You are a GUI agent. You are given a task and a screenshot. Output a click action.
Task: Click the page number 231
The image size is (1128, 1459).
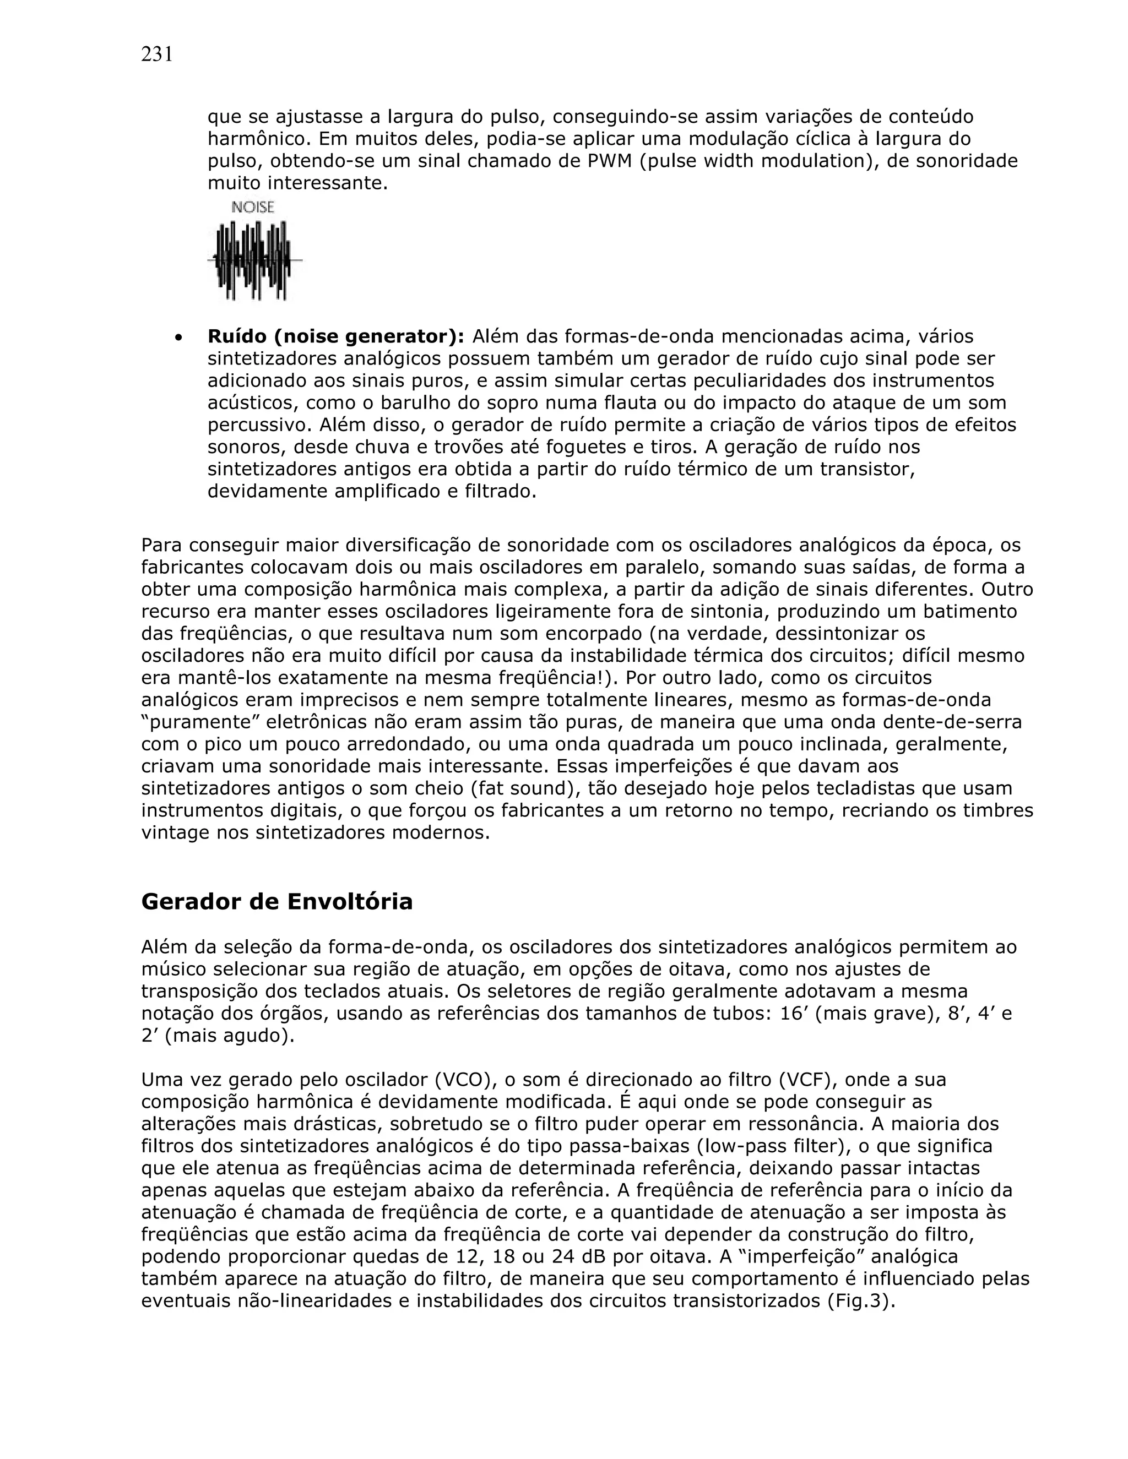point(157,54)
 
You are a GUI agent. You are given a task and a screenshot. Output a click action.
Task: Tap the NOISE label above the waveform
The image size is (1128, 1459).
point(253,208)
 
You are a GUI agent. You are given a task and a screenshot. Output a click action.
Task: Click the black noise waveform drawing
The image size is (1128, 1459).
point(254,260)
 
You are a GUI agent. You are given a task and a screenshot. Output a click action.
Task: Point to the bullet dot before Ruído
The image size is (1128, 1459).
point(178,338)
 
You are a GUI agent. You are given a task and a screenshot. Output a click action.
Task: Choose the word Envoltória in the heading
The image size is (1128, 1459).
point(350,902)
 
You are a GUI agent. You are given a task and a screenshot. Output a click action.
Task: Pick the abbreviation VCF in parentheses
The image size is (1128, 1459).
point(799,1080)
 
